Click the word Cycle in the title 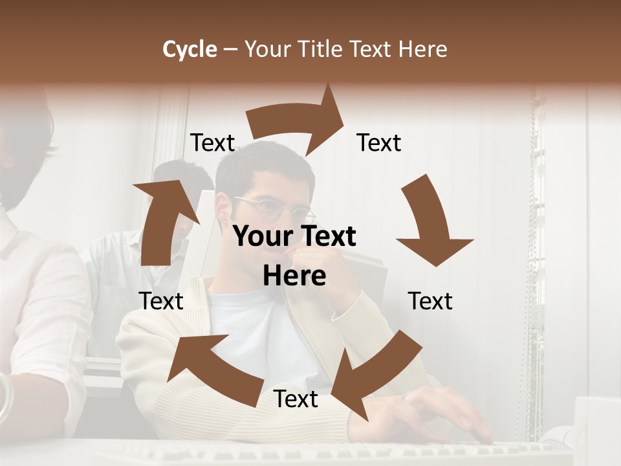(190, 49)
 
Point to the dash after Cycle (230, 50)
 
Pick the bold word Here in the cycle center (294, 276)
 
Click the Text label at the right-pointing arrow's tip (379, 142)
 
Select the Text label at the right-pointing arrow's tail (212, 142)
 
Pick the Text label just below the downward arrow (430, 301)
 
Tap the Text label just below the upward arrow (161, 301)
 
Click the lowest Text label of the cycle (296, 399)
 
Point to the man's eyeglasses (275, 209)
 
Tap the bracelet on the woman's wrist (6, 395)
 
